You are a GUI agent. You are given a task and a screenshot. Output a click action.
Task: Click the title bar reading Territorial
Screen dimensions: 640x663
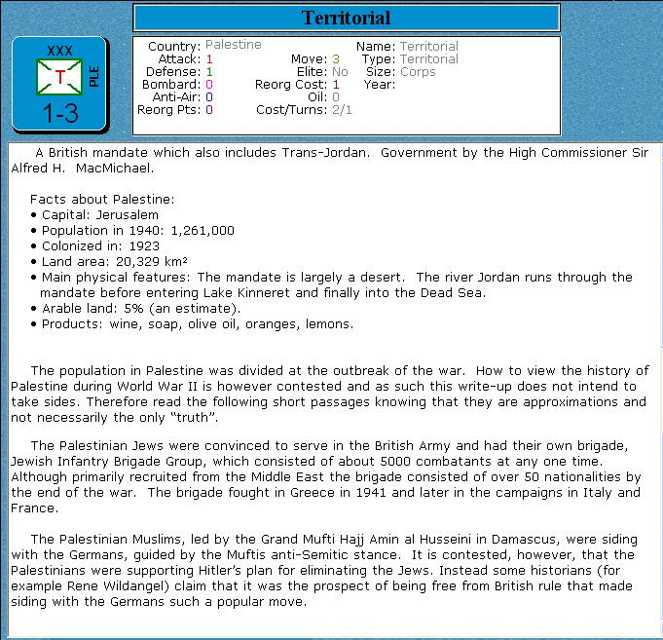pyautogui.click(x=346, y=18)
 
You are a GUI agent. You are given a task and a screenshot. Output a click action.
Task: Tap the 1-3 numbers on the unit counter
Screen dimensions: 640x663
pyautogui.click(x=60, y=114)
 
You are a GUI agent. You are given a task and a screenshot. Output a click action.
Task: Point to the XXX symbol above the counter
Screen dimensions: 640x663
pyautogui.click(x=59, y=50)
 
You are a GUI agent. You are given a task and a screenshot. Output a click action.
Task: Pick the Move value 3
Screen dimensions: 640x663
pyautogui.click(x=335, y=59)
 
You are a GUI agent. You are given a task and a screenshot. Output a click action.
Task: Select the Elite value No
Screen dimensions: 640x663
pyautogui.click(x=340, y=72)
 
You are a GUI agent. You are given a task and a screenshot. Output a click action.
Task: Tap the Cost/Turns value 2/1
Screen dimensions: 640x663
pyautogui.click(x=342, y=110)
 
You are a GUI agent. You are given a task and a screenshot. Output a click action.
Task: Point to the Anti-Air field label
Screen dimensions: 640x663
pyautogui.click(x=176, y=97)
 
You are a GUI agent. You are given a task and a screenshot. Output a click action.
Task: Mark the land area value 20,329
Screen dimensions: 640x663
pyautogui.click(x=146, y=262)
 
